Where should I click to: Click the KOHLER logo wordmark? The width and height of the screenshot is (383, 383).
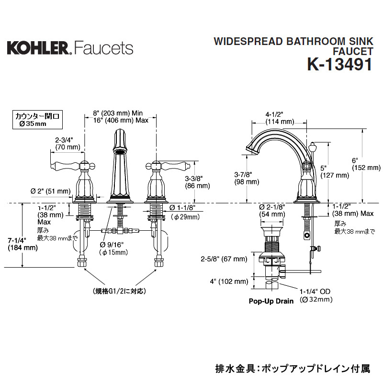38,48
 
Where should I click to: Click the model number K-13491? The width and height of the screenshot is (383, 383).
340,65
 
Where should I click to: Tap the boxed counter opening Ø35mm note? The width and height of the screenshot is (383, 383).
38,120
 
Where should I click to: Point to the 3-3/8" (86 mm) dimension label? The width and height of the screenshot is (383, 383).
197,182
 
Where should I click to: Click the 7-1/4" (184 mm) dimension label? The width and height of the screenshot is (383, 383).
23,244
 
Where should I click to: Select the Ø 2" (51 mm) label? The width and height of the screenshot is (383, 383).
51,191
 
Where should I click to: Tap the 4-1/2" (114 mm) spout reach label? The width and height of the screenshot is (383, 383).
280,118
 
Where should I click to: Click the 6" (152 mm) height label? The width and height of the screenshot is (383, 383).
366,164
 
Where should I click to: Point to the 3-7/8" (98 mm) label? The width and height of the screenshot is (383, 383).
247,178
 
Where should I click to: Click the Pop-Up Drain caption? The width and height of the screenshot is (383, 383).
271,301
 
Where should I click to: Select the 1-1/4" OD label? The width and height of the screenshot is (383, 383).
315,292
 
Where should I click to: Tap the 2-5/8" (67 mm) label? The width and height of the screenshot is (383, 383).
224,259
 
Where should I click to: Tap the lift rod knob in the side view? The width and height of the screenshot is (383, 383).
313,147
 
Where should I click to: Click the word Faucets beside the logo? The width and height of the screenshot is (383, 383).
104,48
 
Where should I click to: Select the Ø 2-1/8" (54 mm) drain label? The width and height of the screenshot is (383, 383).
272,211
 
